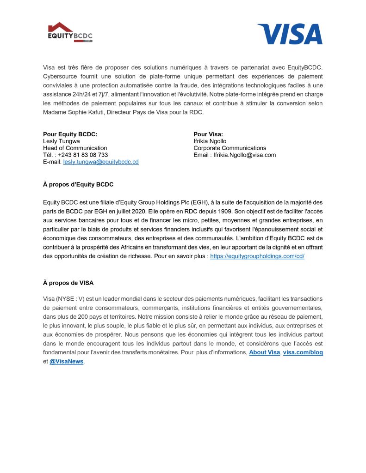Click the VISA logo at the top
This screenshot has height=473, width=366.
point(290,34)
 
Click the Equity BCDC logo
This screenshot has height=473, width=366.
point(70,33)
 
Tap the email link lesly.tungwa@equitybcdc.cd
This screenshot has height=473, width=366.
point(101,162)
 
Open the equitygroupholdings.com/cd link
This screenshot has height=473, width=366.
point(257,256)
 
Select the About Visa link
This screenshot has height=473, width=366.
point(264,352)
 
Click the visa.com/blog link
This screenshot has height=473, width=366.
point(303,352)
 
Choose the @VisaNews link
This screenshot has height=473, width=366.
point(66,361)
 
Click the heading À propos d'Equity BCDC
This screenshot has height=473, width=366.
point(78,184)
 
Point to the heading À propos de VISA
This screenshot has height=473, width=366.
point(68,283)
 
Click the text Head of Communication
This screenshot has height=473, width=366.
point(75,148)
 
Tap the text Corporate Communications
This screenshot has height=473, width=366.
point(230,148)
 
